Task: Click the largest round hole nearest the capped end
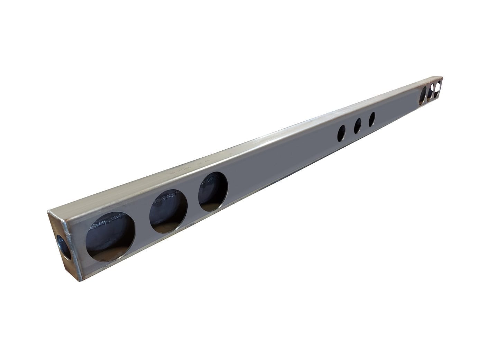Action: tap(110, 236)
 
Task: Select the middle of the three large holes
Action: tap(168, 211)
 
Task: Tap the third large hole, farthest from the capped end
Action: tap(213, 192)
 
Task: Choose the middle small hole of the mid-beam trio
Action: tap(358, 126)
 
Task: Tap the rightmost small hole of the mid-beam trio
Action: tap(372, 119)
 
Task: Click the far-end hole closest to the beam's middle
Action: tap(423, 95)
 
